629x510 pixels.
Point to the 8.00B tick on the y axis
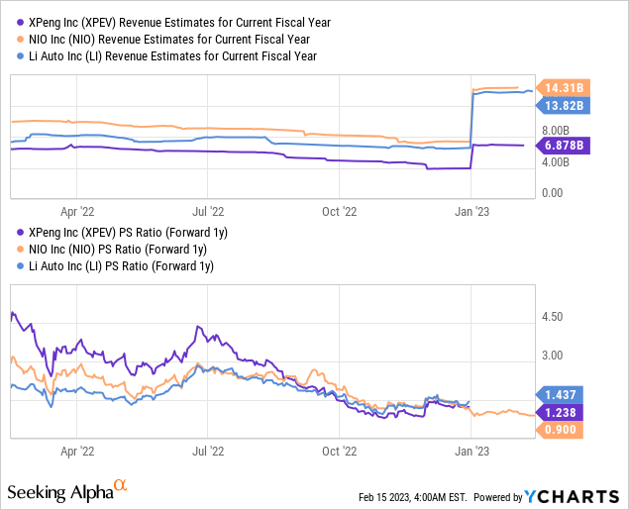[x=556, y=130]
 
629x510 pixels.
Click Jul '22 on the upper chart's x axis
[x=208, y=210]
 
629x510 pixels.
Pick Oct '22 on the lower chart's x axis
[x=340, y=449]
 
